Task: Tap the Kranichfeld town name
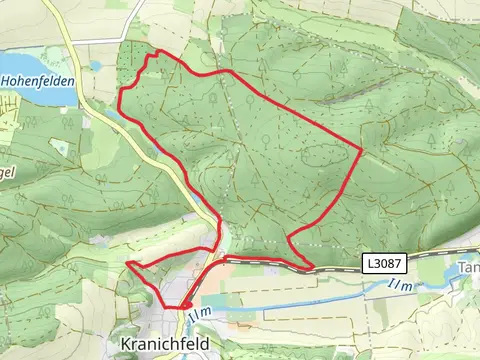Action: (x=165, y=342)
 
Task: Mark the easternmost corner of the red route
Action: (x=361, y=150)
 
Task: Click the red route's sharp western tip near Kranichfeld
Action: (x=128, y=263)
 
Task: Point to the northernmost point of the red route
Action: (x=153, y=54)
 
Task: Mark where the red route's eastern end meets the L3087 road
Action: (x=312, y=267)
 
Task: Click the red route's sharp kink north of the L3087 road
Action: (x=289, y=236)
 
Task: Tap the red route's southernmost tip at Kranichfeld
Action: (x=183, y=307)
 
